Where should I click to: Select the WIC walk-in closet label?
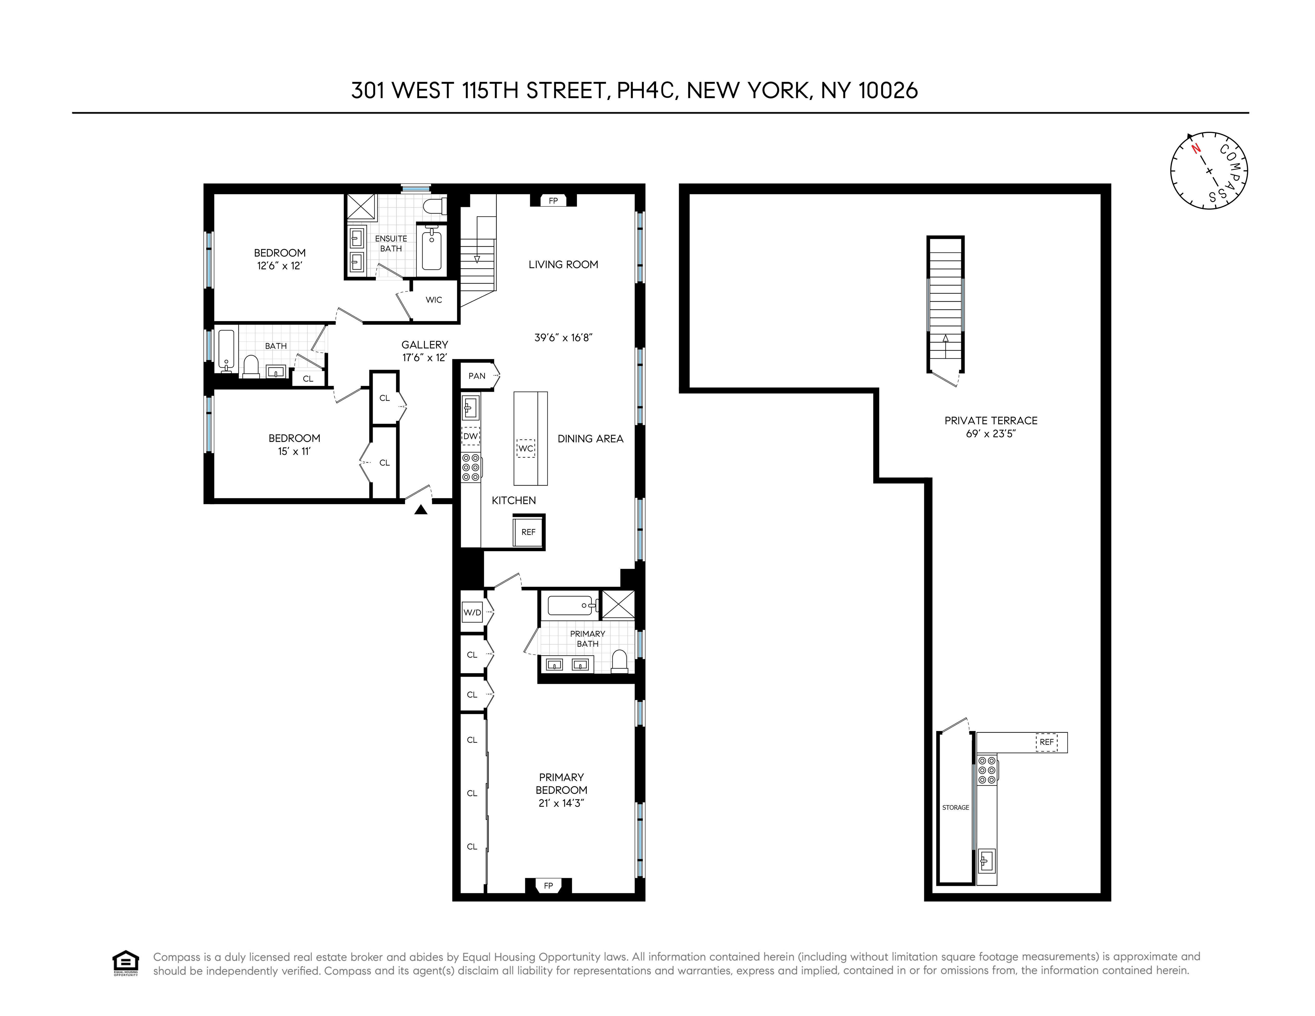[x=434, y=300]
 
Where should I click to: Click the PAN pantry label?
[x=477, y=376]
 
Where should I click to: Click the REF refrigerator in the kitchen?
[x=528, y=532]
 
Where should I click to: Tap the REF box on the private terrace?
[x=1047, y=742]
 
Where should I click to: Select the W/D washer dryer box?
[x=472, y=613]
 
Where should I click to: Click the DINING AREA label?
[x=590, y=439]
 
